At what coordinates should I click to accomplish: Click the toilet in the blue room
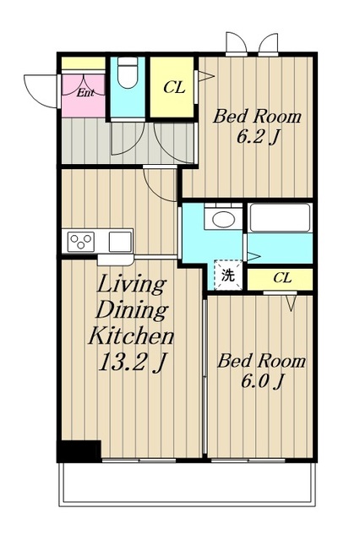click(x=128, y=72)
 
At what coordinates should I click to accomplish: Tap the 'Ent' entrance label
click(x=85, y=92)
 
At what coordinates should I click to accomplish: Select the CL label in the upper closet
click(x=174, y=87)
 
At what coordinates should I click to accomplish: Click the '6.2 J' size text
click(x=257, y=138)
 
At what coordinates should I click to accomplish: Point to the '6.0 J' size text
click(x=262, y=382)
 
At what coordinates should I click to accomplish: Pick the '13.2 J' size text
click(x=133, y=363)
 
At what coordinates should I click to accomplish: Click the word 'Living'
click(x=131, y=286)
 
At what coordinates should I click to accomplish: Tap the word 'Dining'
click(x=132, y=310)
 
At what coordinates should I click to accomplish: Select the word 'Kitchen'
click(x=131, y=336)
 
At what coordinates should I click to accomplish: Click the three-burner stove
click(x=81, y=241)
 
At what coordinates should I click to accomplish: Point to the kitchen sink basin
click(x=120, y=241)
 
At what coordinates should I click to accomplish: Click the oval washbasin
click(x=223, y=219)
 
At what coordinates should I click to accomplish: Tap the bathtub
click(x=280, y=217)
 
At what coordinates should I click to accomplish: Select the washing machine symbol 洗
click(x=228, y=275)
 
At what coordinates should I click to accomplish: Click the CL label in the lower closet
click(x=282, y=277)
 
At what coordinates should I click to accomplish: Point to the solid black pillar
click(x=79, y=451)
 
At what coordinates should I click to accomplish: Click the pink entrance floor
click(x=84, y=96)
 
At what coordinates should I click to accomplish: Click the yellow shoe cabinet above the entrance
click(x=84, y=64)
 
